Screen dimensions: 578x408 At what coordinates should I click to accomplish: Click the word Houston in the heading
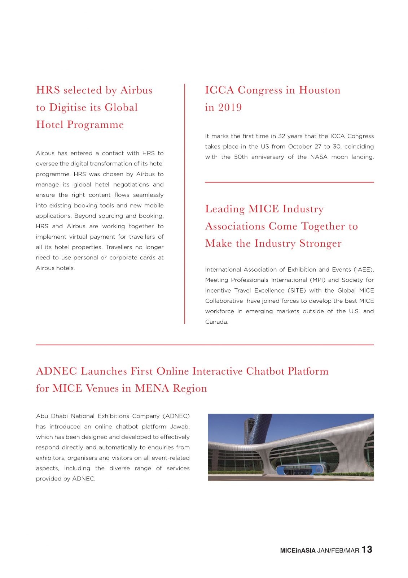click(x=320, y=90)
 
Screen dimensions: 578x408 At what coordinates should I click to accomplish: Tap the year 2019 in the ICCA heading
click(x=230, y=107)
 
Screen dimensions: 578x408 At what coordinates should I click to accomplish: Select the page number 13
click(x=367, y=549)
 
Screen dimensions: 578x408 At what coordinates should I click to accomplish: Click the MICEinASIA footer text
click(x=298, y=551)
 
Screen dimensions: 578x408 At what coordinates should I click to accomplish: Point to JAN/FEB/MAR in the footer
click(x=338, y=551)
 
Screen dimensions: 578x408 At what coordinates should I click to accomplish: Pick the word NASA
click(x=319, y=157)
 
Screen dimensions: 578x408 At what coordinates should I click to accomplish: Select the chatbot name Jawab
click(x=180, y=426)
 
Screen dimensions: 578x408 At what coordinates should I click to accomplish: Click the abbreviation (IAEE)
click(x=364, y=269)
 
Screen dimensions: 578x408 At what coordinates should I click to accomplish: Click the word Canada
click(x=216, y=322)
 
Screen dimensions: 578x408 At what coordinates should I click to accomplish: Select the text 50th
click(x=241, y=157)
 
